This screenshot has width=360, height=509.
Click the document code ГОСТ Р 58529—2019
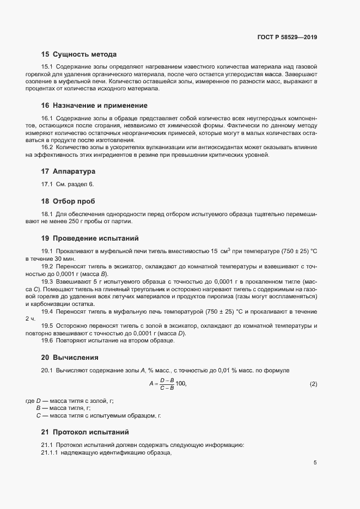[287, 38]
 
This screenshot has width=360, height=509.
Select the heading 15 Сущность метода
[79, 54]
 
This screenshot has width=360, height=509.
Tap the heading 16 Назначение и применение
[94, 105]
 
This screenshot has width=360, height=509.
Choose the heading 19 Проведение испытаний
[90, 238]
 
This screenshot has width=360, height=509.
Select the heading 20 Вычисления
[70, 358]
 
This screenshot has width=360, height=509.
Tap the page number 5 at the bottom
[315, 463]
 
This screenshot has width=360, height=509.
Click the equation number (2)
[313, 384]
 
